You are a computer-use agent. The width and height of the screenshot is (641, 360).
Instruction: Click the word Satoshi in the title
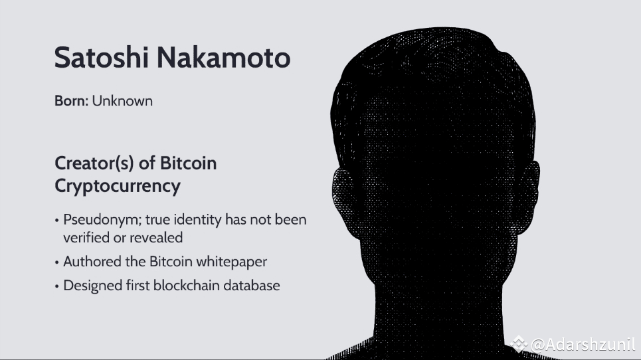tap(98, 58)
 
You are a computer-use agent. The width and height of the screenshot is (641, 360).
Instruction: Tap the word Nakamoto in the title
tap(224, 58)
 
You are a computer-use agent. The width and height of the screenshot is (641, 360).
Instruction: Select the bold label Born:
tap(71, 101)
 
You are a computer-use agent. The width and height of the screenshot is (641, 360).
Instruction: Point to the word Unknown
tap(122, 101)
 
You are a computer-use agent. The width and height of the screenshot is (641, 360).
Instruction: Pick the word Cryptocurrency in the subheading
tap(117, 186)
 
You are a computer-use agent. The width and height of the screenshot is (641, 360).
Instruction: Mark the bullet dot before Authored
tap(57, 262)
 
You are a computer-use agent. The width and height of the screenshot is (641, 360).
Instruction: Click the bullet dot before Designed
tap(57, 286)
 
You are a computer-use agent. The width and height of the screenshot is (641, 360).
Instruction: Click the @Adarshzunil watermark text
tap(583, 344)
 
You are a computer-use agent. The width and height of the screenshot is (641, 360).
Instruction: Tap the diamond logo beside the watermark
tap(519, 344)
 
